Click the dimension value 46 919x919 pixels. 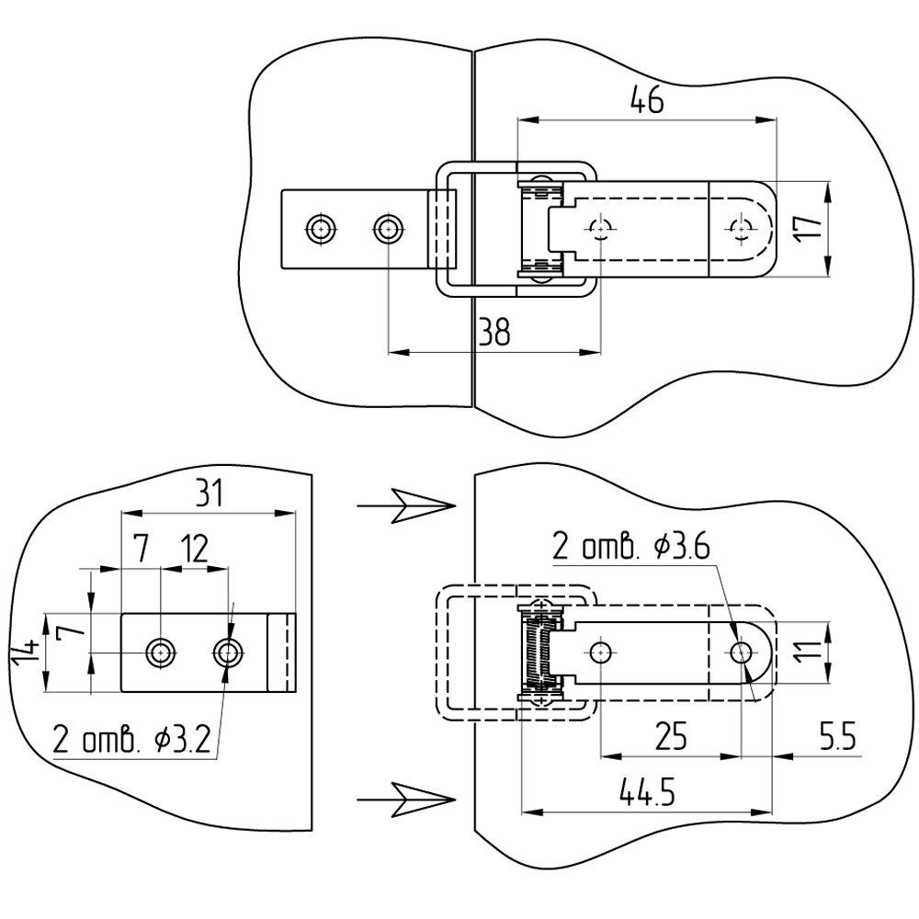[647, 100]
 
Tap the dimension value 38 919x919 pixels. [494, 332]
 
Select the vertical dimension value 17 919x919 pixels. [808, 227]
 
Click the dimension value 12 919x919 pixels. [195, 550]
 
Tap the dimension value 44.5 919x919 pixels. [647, 792]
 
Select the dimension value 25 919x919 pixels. [671, 736]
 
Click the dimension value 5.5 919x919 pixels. [838, 736]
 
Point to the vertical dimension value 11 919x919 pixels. [810, 651]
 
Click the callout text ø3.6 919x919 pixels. [681, 547]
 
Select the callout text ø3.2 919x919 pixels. [182, 741]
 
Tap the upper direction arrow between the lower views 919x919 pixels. [406, 505]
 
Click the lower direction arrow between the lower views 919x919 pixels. [406, 799]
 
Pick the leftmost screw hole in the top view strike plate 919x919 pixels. [321, 228]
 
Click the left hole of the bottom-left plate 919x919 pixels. [161, 652]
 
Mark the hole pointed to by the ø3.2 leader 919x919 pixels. [229, 652]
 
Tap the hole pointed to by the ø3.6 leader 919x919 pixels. [741, 652]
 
